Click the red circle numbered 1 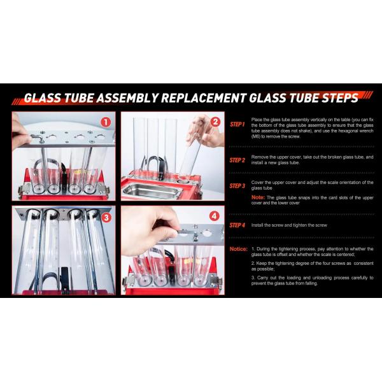tap(106, 122)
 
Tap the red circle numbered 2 tap(215, 122)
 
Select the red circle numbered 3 tap(106, 218)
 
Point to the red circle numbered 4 tap(214, 216)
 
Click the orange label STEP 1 tap(237, 125)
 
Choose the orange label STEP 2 tap(237, 160)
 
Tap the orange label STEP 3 tap(237, 186)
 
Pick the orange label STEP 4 tap(237, 225)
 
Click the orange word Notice tap(238, 249)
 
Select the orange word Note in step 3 tap(258, 197)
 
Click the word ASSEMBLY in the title tap(127, 98)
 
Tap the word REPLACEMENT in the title tap(204, 98)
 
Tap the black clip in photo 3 tap(64, 279)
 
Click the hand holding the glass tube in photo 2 tap(206, 131)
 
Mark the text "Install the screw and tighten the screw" tap(289, 225)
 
